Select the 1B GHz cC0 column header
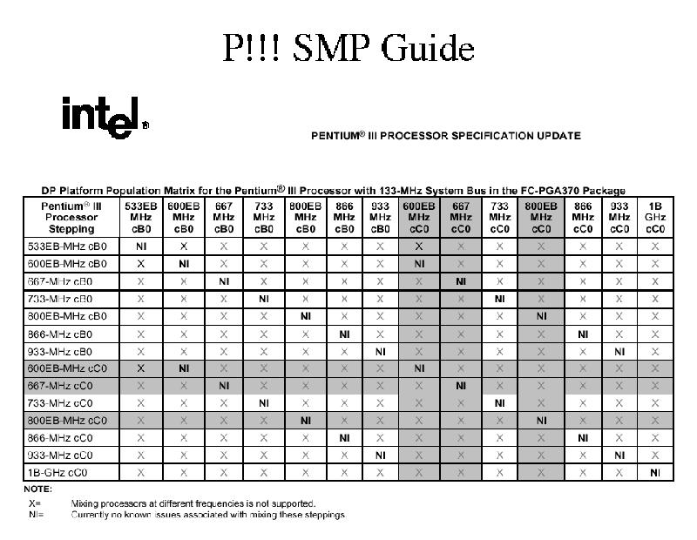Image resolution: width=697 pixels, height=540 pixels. (656, 217)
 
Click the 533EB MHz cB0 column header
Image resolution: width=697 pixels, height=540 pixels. (140, 217)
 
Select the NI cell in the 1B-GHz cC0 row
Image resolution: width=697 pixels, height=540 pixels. (656, 472)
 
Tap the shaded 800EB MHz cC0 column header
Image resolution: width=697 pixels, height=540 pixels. (540, 217)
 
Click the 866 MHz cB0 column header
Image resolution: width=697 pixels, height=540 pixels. (344, 217)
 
